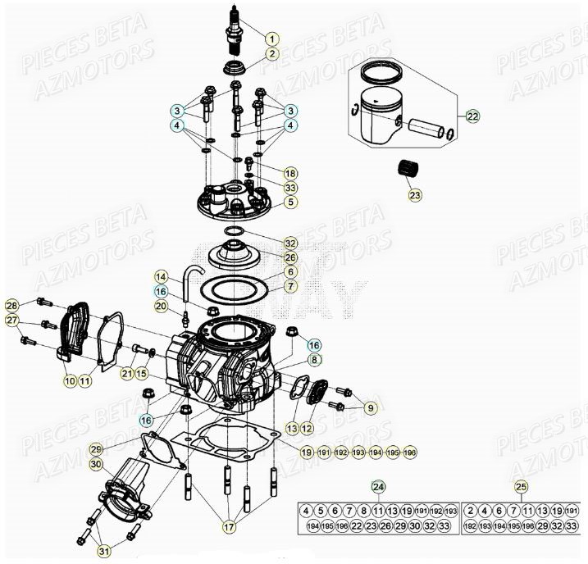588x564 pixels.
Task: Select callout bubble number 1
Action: (x=271, y=38)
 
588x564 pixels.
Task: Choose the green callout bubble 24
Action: (x=378, y=486)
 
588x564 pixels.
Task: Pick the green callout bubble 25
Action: (x=521, y=486)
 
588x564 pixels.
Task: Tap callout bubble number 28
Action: (x=11, y=306)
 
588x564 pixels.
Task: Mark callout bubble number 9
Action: (x=371, y=407)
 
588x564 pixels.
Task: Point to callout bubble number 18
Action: (x=289, y=173)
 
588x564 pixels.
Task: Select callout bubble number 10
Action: (x=69, y=381)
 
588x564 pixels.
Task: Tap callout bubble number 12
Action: (x=308, y=428)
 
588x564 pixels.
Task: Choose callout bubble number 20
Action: (x=162, y=306)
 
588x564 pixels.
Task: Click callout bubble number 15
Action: (x=142, y=374)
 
